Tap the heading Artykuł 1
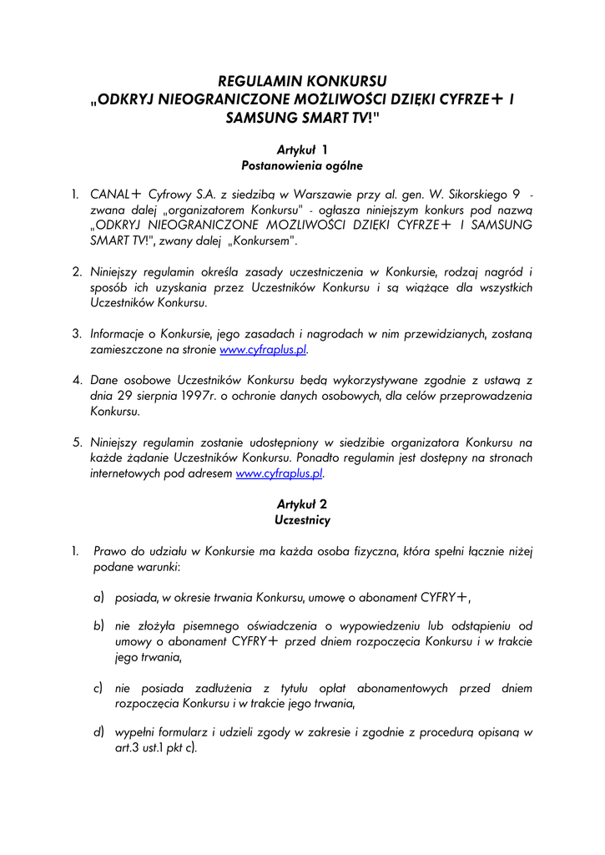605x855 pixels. (x=302, y=149)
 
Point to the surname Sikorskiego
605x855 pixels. (x=471, y=194)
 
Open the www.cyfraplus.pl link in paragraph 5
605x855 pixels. (x=280, y=473)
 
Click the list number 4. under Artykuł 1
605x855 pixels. (x=76, y=380)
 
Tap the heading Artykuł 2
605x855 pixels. (x=302, y=504)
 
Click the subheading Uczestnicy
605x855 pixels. (x=302, y=520)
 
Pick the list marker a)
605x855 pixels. (x=98, y=597)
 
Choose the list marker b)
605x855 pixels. (x=98, y=625)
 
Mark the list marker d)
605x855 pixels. (x=98, y=732)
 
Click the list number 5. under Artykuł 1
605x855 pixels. (x=76, y=442)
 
